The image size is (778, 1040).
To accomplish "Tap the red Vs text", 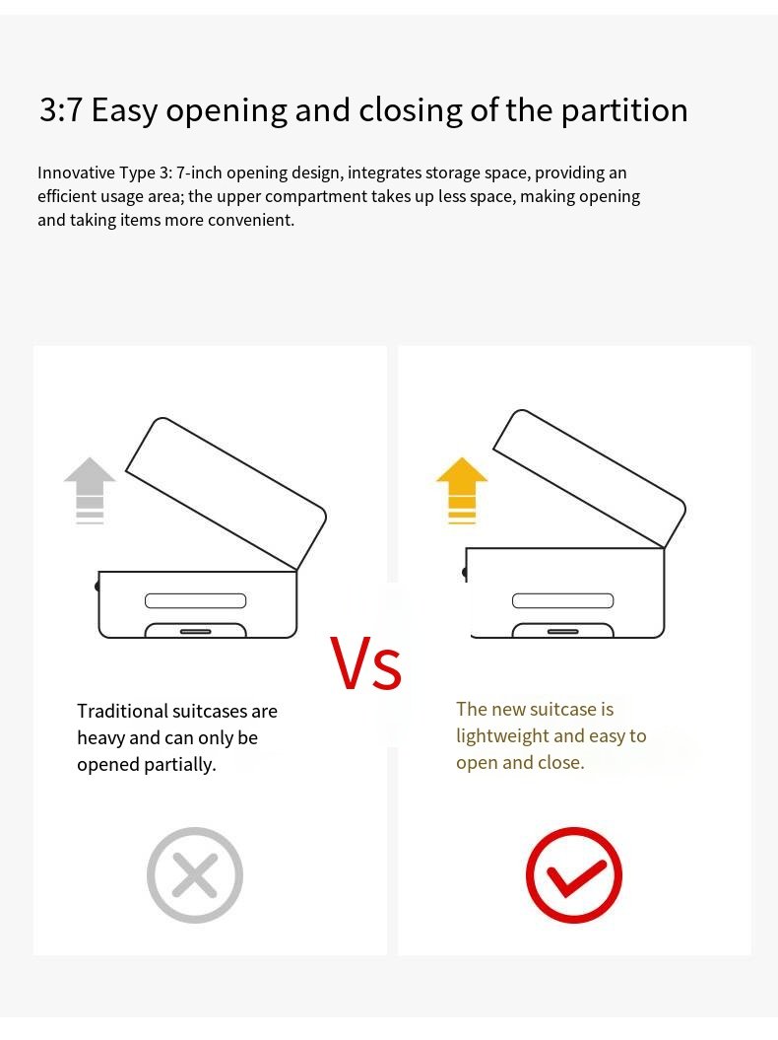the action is point(365,663).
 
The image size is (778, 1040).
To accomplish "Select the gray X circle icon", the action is point(195,874).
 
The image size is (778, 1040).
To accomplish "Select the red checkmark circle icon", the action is point(574,874).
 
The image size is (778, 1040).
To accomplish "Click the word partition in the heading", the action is point(624,110).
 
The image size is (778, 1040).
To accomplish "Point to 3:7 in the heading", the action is point(60,109).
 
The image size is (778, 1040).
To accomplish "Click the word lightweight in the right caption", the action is point(501,737).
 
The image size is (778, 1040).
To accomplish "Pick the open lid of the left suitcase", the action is point(226,494).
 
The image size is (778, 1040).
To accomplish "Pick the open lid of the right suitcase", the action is point(590,479).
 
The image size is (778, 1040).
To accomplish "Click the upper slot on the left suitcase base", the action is point(196,601).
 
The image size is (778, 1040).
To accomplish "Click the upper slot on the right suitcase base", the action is point(562,601).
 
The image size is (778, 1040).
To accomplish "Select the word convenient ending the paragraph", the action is point(251,220).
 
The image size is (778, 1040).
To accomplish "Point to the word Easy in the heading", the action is point(124,110).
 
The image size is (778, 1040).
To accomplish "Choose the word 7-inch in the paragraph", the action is point(199,173).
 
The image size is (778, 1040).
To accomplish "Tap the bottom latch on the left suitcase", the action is point(196,632).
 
